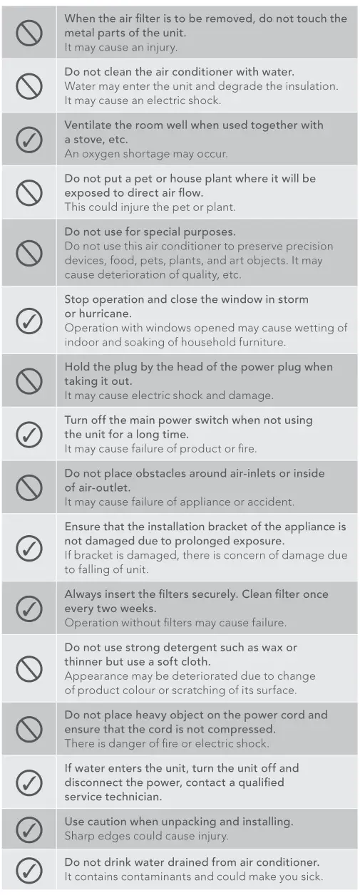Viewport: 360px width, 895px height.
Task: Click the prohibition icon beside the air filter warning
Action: [x=29, y=33]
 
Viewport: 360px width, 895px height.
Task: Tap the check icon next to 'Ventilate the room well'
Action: [x=29, y=140]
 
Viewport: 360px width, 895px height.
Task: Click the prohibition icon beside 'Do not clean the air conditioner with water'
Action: [x=29, y=86]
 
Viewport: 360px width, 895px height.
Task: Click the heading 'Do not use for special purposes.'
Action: [x=150, y=232]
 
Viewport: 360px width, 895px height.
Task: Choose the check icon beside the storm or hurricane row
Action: [x=29, y=321]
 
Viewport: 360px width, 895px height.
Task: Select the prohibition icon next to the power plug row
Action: [x=29, y=381]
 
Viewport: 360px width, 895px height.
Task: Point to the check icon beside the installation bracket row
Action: [x=29, y=548]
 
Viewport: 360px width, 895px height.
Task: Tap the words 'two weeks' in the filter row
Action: [x=121, y=609]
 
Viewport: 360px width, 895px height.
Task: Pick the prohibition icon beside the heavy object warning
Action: [x=29, y=729]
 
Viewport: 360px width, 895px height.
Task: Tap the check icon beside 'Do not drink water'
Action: [x=29, y=869]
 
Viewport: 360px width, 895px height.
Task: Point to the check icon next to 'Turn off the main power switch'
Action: [x=29, y=434]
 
